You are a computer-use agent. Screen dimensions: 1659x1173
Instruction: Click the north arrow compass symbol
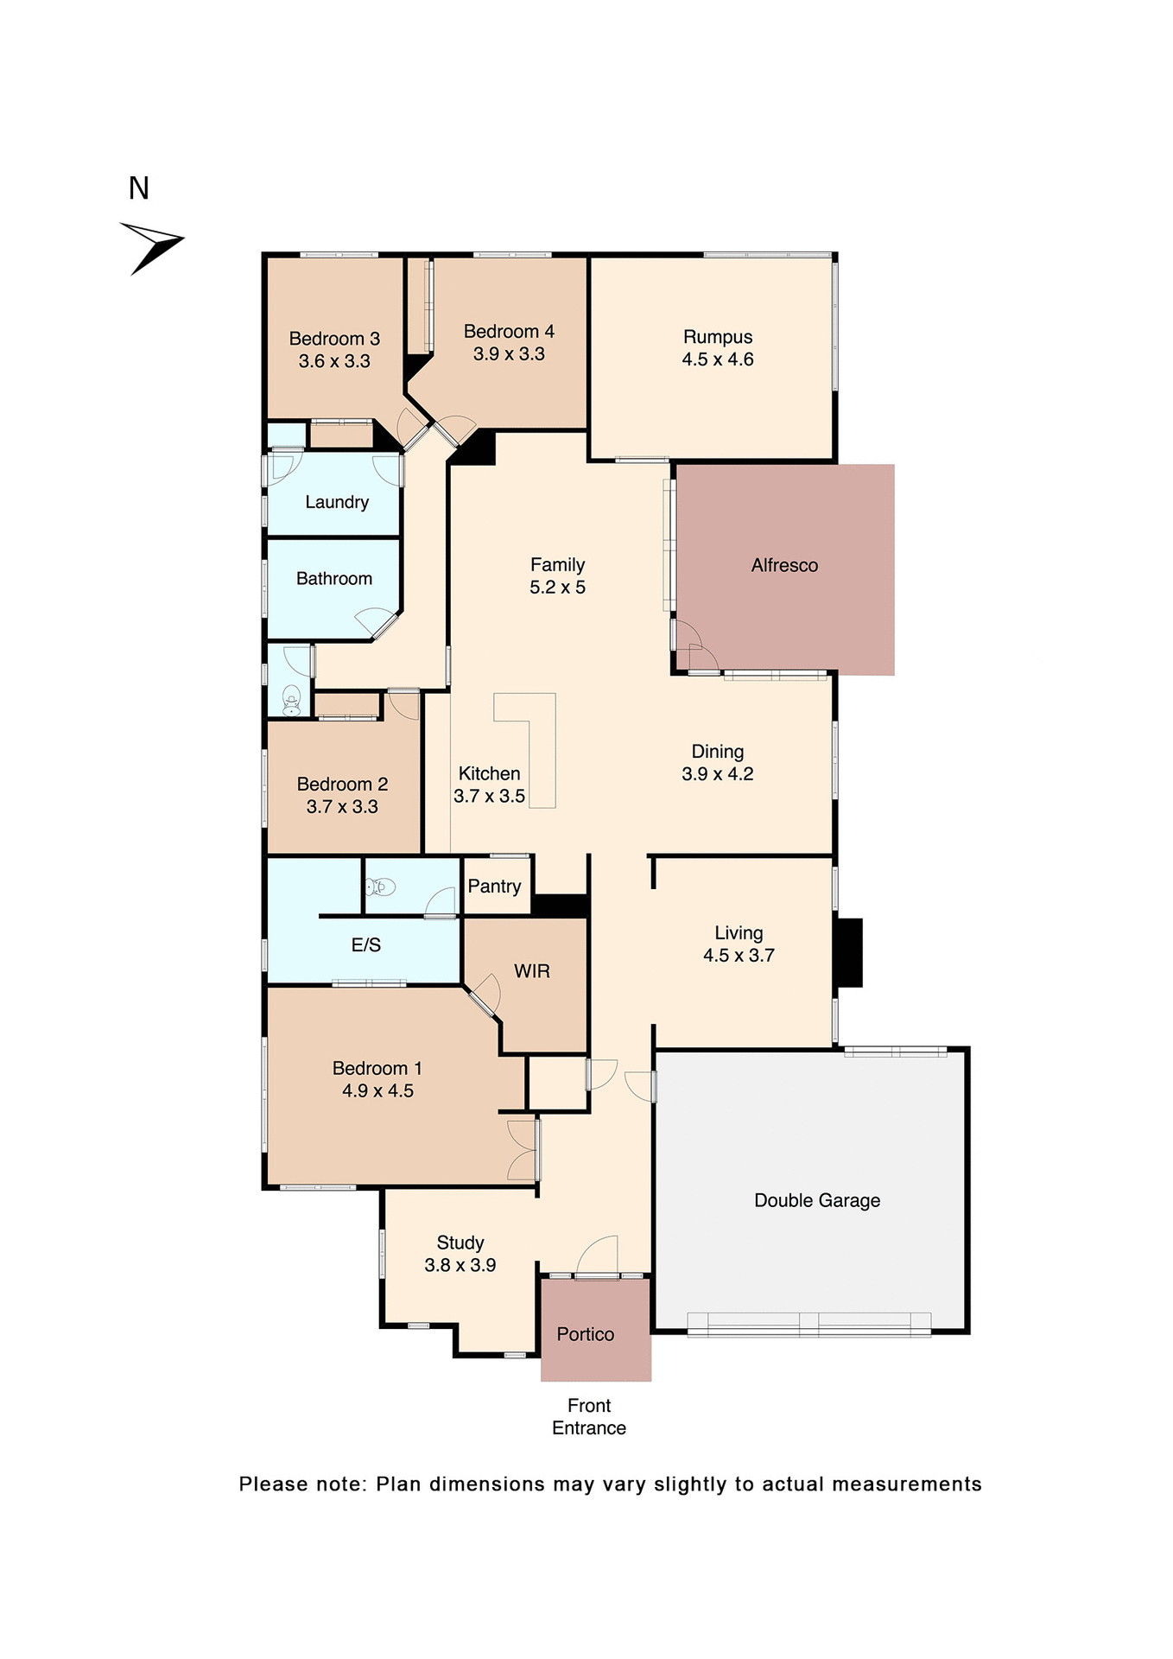(152, 247)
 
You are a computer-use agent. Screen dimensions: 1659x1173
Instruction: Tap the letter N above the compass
(139, 188)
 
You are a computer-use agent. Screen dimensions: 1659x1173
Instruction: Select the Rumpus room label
(718, 337)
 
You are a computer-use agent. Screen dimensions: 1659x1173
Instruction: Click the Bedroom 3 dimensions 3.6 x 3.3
(334, 361)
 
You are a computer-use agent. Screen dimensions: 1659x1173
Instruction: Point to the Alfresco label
(784, 565)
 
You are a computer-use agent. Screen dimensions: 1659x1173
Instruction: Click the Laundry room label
(337, 502)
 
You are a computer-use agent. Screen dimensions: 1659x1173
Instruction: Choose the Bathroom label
(334, 578)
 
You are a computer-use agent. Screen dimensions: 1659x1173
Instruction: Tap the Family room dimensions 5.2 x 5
(557, 588)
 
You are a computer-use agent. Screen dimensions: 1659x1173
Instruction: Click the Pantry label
(494, 887)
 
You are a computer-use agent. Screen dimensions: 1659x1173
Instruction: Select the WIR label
(532, 971)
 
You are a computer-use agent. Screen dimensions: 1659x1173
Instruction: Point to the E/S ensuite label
(366, 945)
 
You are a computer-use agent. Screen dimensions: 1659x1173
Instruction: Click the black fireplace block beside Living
(849, 952)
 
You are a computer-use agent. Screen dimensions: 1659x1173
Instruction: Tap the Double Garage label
(817, 1200)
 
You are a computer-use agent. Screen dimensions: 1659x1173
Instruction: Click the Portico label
(586, 1334)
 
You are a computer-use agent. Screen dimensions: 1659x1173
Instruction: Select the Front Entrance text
(589, 1416)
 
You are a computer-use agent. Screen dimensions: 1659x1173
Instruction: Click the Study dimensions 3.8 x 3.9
(460, 1265)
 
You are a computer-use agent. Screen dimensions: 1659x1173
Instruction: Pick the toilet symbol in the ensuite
(381, 887)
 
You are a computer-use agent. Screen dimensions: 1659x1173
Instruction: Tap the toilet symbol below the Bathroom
(291, 701)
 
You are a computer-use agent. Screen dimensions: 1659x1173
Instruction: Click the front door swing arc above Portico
(599, 1255)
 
